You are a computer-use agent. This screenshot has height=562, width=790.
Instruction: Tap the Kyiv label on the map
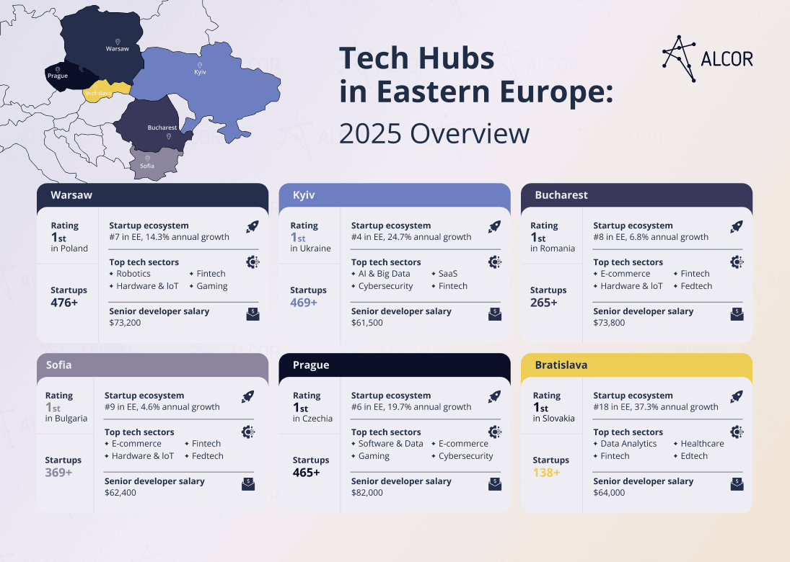click(200, 72)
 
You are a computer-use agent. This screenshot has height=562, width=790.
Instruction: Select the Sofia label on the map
click(147, 166)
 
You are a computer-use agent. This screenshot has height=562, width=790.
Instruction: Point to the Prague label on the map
click(57, 76)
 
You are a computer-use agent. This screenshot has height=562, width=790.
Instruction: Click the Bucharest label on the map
click(162, 128)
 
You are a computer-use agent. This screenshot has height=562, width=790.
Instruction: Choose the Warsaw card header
click(152, 195)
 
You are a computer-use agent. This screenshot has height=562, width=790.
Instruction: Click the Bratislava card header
click(636, 365)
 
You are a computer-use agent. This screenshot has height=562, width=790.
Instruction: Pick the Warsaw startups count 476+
click(64, 303)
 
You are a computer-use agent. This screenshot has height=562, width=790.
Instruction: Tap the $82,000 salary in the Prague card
click(367, 493)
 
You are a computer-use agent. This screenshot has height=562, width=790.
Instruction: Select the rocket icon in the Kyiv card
click(494, 227)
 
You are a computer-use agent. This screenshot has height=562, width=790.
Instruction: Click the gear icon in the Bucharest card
click(736, 262)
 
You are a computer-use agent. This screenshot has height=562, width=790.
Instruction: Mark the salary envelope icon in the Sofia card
click(247, 484)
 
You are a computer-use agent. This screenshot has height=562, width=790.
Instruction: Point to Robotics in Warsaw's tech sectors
click(133, 274)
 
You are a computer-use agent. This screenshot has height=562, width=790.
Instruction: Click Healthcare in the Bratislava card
click(702, 444)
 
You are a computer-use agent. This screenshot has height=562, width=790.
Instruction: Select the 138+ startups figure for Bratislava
click(547, 473)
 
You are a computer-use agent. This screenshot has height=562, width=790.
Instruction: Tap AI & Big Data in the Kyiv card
click(384, 274)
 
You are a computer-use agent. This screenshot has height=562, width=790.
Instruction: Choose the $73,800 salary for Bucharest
click(609, 323)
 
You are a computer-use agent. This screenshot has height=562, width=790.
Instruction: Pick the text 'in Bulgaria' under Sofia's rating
click(66, 419)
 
